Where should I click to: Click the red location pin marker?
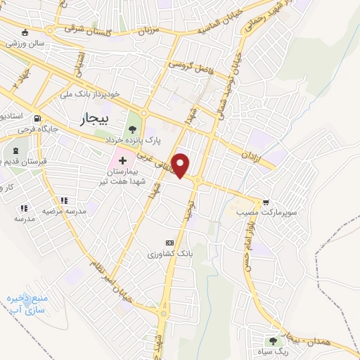pyautogui.click(x=181, y=165)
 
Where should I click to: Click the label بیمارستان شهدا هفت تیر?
pyautogui.click(x=124, y=176)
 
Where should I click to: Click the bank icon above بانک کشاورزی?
pyautogui.click(x=168, y=242)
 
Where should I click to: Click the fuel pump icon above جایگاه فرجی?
pyautogui.click(x=37, y=118)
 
